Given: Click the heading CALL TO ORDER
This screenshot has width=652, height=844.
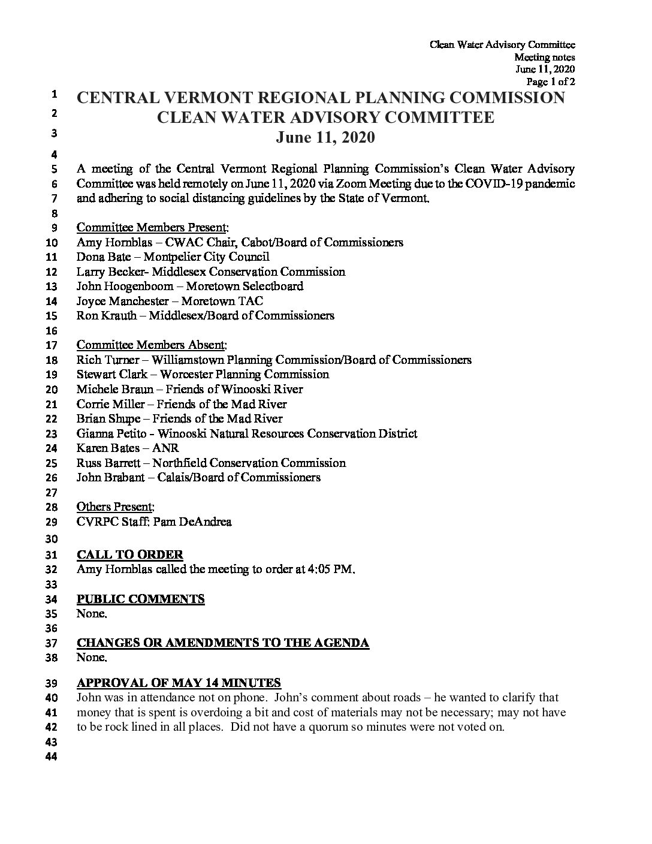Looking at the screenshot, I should pyautogui.click(x=130, y=554).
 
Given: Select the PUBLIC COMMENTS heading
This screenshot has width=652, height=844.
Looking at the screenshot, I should pyautogui.click(x=141, y=599).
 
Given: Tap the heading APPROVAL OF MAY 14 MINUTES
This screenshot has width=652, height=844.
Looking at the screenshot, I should pyautogui.click(x=179, y=683).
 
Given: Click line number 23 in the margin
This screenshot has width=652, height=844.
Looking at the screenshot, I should pyautogui.click(x=52, y=434).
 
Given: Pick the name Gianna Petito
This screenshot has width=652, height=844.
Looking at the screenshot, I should pyautogui.click(x=114, y=433).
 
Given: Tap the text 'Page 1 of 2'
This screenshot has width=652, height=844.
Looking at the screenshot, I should pyautogui.click(x=551, y=82).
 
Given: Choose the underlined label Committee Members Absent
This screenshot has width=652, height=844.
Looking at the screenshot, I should pyautogui.click(x=152, y=345).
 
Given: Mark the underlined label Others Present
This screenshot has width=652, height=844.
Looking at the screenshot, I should pyautogui.click(x=115, y=507).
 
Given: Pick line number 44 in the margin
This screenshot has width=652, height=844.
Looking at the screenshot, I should pyautogui.click(x=52, y=757).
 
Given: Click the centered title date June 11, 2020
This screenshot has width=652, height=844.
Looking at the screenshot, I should pyautogui.click(x=325, y=138).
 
